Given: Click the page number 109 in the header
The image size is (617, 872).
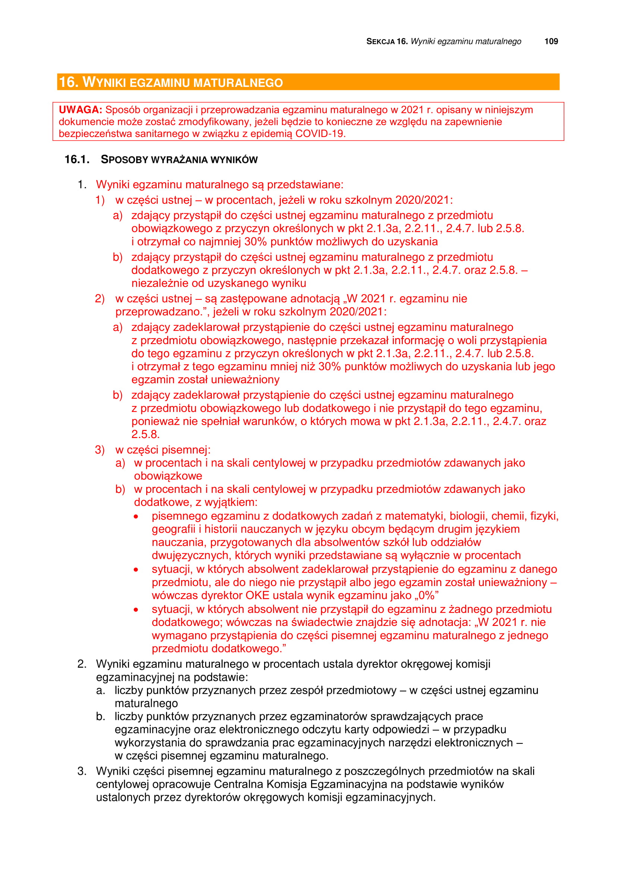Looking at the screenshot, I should [551, 41].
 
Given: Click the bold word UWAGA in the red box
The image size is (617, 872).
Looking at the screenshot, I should [80, 110].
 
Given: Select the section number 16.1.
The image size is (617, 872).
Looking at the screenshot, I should [77, 160].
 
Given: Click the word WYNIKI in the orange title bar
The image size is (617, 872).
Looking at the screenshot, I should [104, 82].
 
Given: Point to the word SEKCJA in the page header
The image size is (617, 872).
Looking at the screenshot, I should [380, 42].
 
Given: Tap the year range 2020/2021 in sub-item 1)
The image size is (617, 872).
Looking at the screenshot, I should [423, 200].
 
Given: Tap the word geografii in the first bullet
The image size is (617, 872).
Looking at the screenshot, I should [173, 529].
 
